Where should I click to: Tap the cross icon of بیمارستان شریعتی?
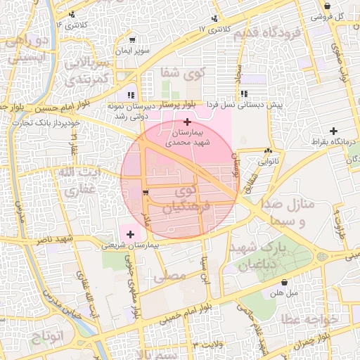pyautogui.click(x=130, y=233)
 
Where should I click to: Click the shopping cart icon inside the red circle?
pyautogui.click(x=146, y=192)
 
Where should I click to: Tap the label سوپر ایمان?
pyautogui.click(x=133, y=52)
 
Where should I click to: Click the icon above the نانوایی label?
pyautogui.click(x=268, y=150)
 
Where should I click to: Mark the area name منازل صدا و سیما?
pyautogui.click(x=290, y=212)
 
